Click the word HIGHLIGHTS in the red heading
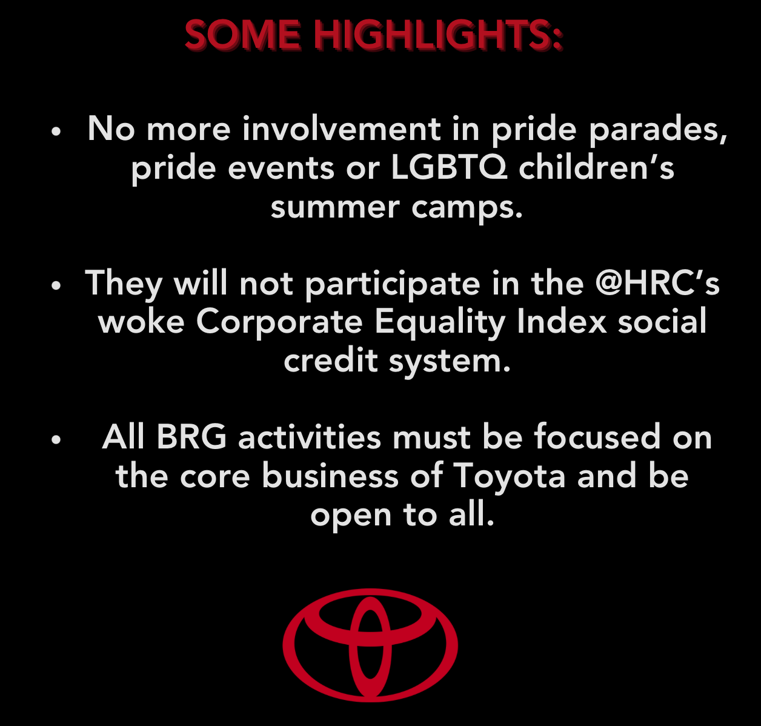coord(438,35)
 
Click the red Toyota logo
coord(370,645)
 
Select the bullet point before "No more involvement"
coord(56,132)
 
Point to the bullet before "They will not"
coord(56,285)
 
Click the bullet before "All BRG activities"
coord(56,439)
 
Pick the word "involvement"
coord(341,128)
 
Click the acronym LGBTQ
coord(448,168)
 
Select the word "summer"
coord(335,208)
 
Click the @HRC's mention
coord(657,284)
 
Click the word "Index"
coord(562,321)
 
